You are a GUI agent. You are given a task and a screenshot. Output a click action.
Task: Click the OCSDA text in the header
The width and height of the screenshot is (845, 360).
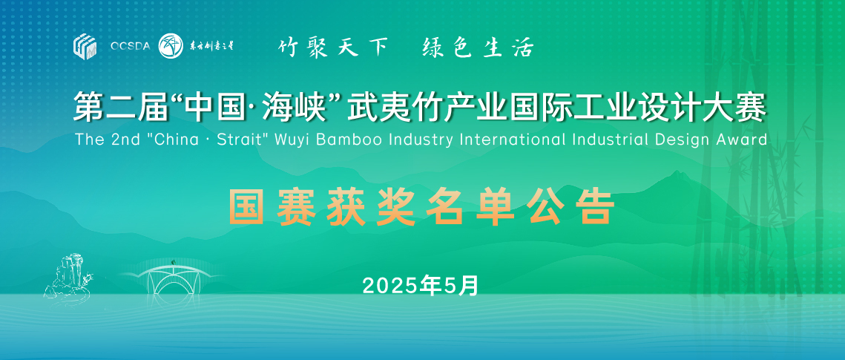point(130,47)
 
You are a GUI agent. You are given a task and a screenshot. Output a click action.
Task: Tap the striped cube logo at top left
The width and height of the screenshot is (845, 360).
point(85,46)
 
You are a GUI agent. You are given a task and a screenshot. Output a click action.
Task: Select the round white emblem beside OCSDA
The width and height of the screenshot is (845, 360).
point(171,46)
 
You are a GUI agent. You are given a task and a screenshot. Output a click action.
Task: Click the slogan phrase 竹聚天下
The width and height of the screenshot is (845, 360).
point(333,48)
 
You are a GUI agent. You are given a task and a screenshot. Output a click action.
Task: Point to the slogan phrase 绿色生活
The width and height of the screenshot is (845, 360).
point(478,48)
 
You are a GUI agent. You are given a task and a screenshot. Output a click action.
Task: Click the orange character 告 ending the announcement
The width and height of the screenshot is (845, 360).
point(596,207)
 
